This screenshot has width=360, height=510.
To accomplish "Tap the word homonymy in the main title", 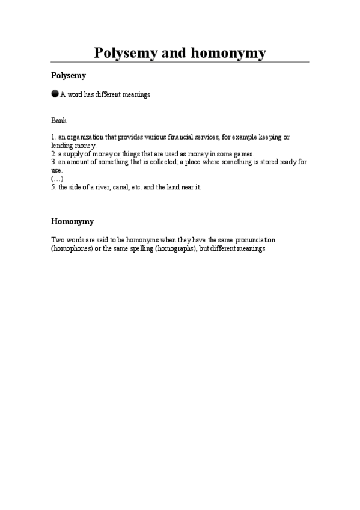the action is tap(228, 53).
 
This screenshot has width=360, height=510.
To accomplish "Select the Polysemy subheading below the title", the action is tap(69, 76).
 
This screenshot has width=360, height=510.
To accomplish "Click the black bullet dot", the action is tap(55, 94).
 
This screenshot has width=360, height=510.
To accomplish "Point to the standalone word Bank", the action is tap(59, 121).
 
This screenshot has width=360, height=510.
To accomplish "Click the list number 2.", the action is tap(53, 153).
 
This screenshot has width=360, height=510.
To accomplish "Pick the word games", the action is tap(243, 153).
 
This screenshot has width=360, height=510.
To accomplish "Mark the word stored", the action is tap(259, 162).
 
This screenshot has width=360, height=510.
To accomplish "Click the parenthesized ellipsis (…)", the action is tap(57, 179).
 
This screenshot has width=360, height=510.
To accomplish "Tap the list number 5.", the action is tap(53, 187).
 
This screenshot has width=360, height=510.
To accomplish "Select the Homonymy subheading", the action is tap(72, 221).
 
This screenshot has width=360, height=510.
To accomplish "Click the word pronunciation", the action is tap(251, 240).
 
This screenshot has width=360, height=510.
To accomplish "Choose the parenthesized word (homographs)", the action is tap(175, 248).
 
